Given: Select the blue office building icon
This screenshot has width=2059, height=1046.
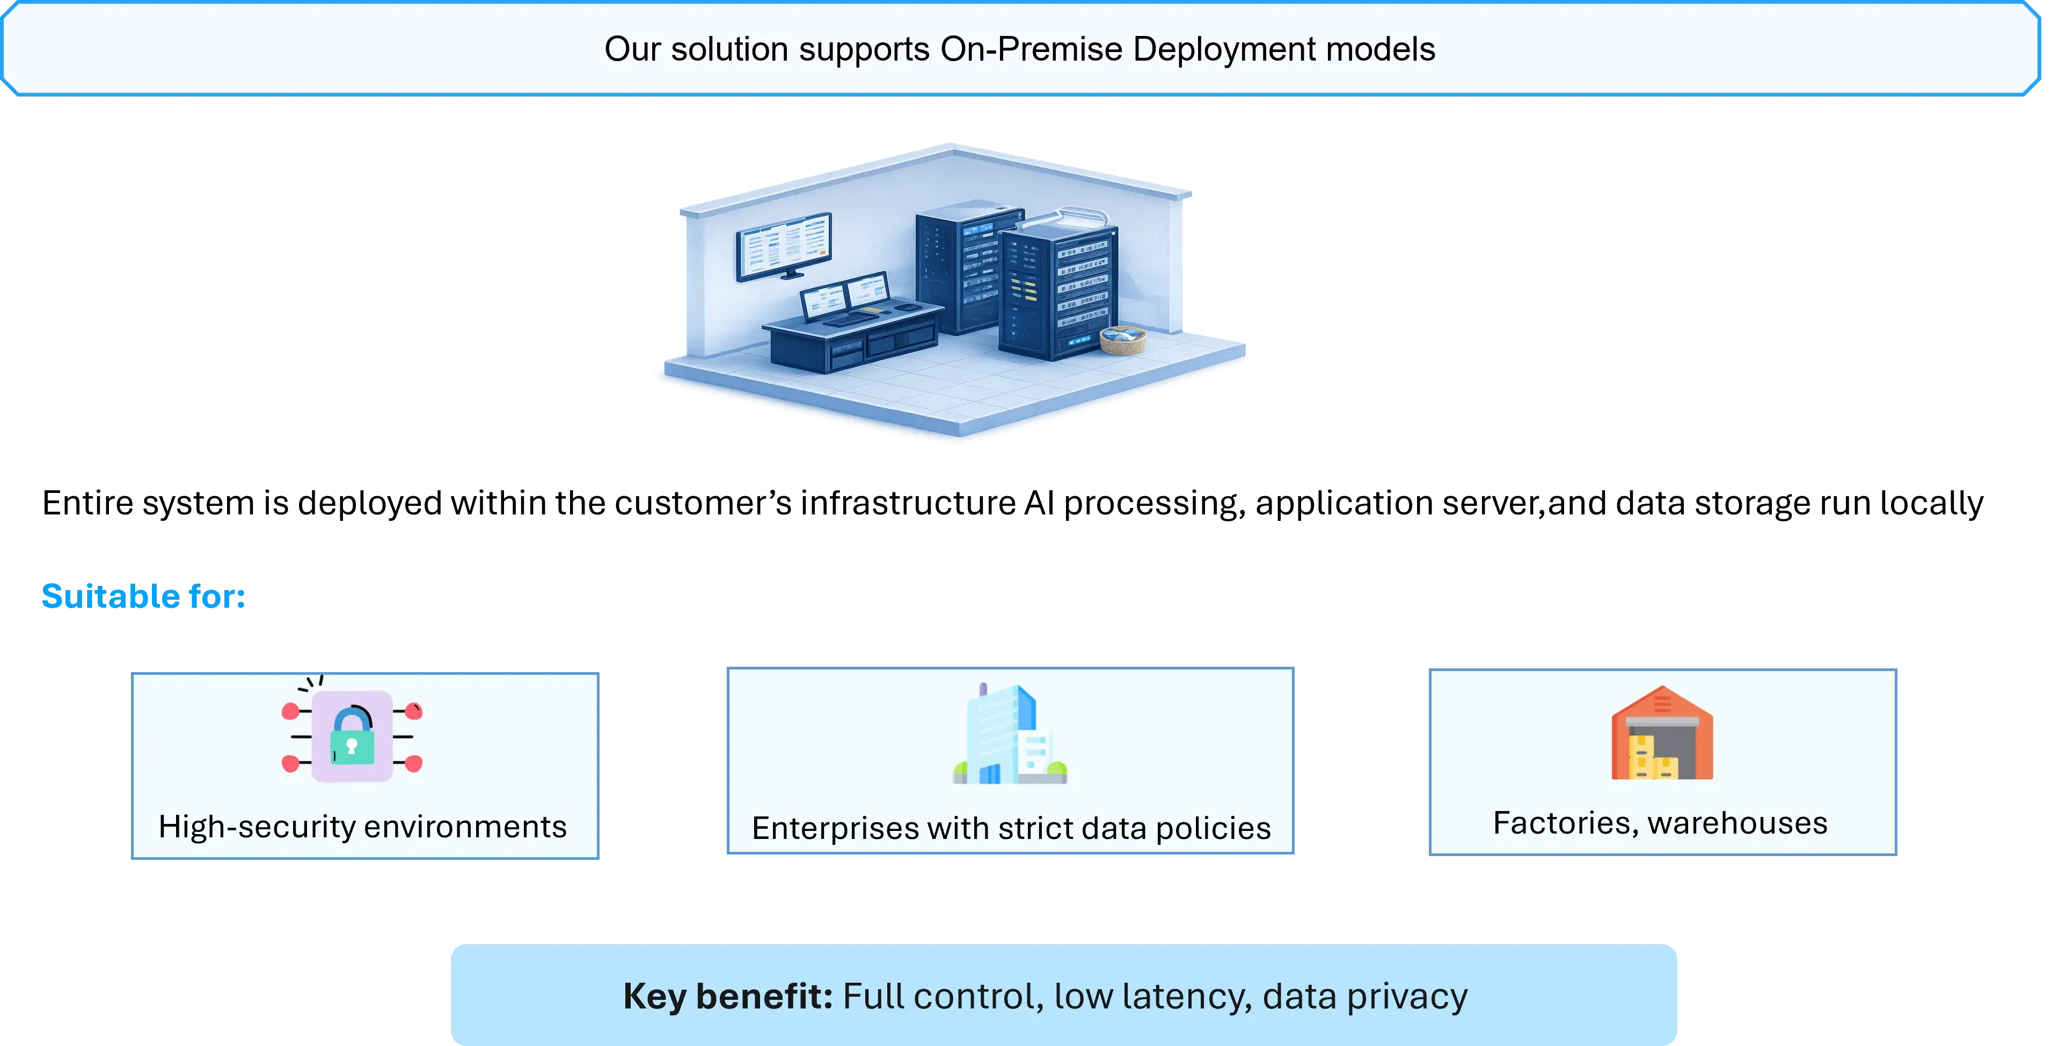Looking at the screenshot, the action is pyautogui.click(x=1010, y=734).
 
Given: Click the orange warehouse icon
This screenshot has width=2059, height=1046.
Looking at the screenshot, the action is pyautogui.click(x=1662, y=733).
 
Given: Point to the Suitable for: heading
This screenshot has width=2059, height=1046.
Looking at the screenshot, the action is pyautogui.click(x=143, y=596).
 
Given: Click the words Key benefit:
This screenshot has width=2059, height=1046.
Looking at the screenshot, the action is pyautogui.click(x=727, y=997).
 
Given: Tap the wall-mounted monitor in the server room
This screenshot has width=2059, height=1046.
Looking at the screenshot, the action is pyautogui.click(x=784, y=246).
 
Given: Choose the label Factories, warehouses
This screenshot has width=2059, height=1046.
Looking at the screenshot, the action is pyautogui.click(x=1660, y=823).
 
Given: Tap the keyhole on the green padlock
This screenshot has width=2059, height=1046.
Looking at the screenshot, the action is pyautogui.click(x=351, y=747).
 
